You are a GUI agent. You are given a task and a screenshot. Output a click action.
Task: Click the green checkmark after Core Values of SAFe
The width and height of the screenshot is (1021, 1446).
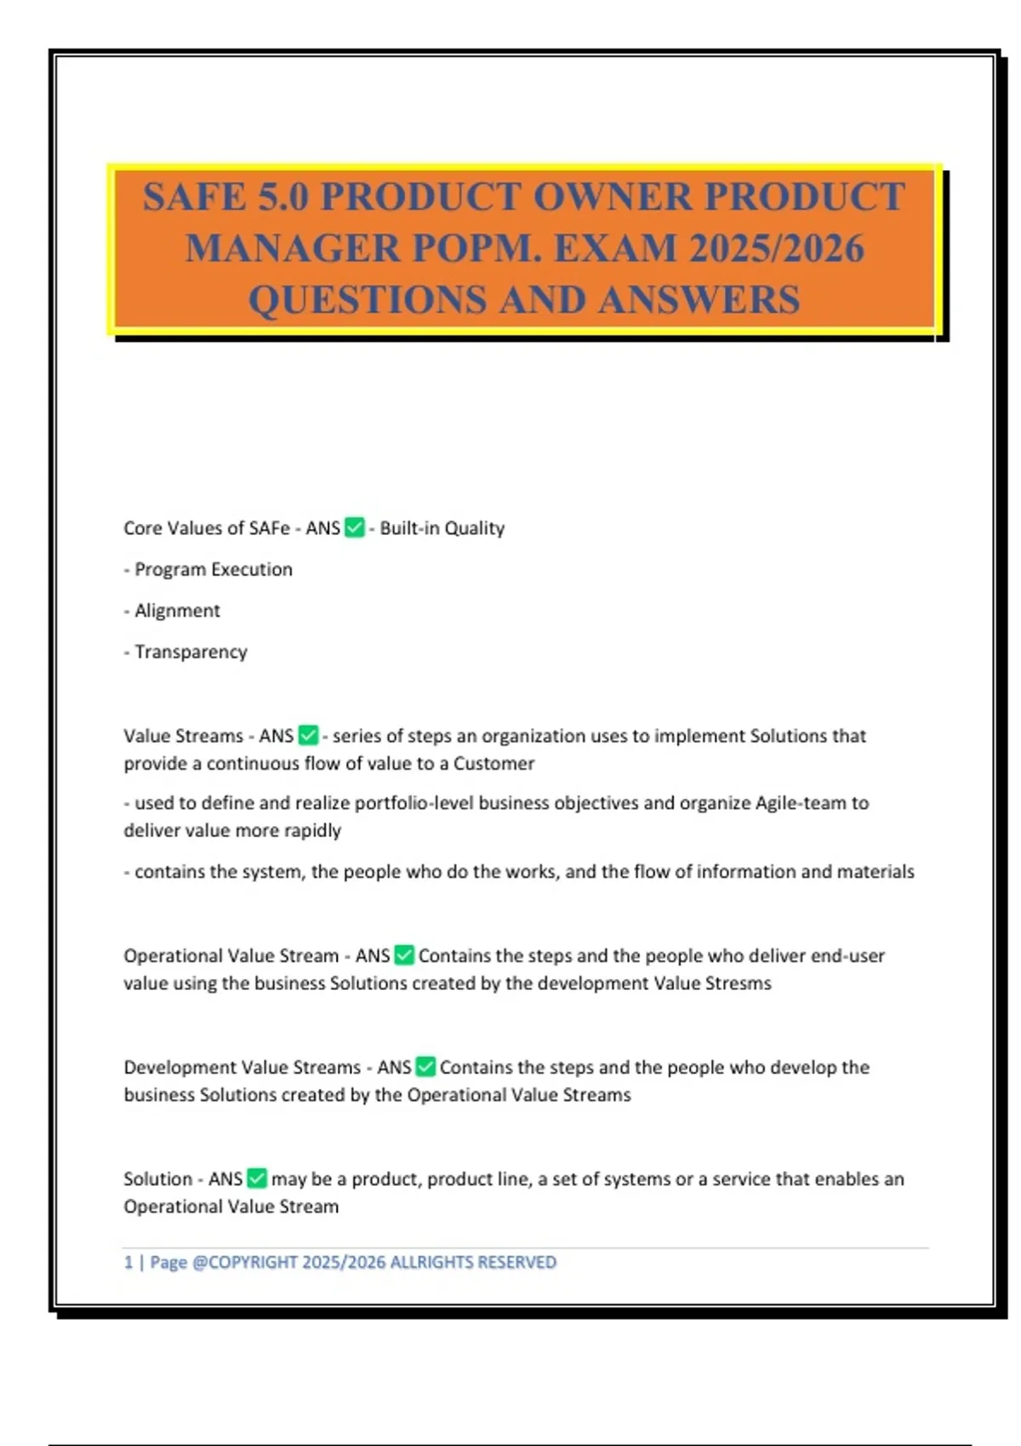[x=355, y=528]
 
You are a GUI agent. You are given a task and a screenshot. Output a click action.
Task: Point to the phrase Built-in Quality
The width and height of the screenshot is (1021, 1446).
[x=442, y=528]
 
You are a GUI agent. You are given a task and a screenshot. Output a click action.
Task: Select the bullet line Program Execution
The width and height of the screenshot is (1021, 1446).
[x=213, y=569]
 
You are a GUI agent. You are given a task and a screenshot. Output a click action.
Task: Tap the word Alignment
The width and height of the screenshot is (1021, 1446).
[x=177, y=611]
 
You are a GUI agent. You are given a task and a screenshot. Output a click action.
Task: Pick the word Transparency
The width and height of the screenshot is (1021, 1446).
[x=191, y=652]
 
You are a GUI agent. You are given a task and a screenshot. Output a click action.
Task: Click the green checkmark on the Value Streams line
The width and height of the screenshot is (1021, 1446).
[x=308, y=735]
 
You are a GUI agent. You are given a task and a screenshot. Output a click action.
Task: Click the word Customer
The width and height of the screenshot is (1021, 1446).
[x=493, y=763]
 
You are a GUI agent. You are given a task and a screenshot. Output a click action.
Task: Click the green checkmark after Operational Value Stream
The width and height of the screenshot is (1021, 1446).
[x=404, y=955]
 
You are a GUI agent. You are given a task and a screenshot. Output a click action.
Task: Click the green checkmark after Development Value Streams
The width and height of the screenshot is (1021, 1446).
[x=425, y=1067]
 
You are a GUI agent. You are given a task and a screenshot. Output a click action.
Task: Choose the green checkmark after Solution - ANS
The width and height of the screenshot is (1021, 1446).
[x=257, y=1179]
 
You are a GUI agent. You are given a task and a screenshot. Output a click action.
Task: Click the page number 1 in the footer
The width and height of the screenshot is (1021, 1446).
[x=128, y=1262]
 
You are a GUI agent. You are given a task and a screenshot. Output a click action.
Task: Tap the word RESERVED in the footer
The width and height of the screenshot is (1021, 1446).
[x=516, y=1262]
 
